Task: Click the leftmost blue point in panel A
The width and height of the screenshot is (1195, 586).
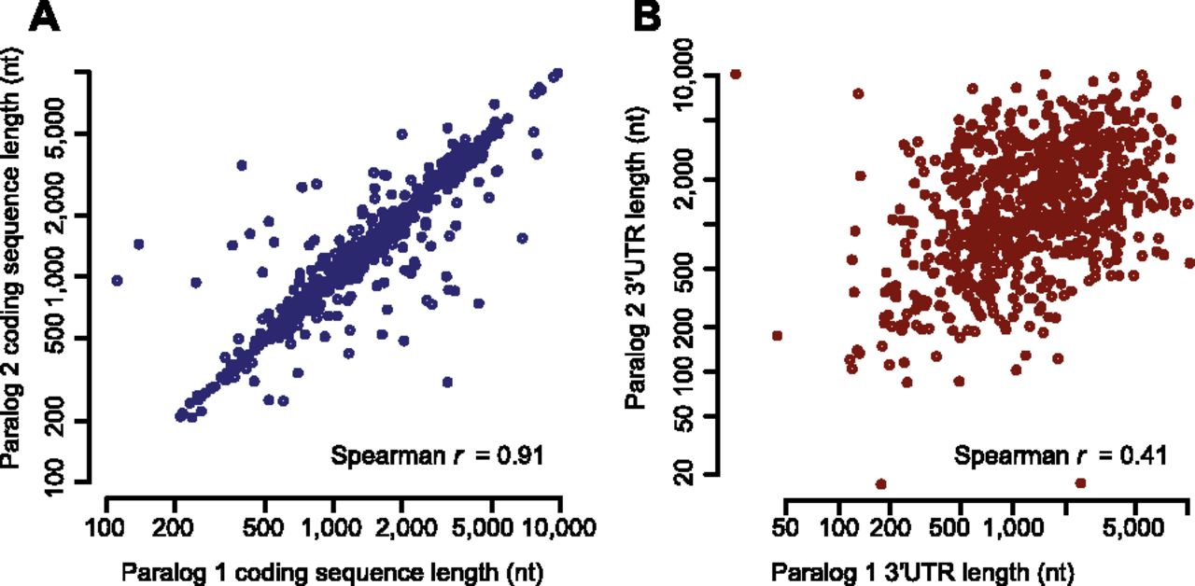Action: (x=117, y=280)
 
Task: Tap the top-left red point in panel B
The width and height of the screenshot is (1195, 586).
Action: (x=736, y=74)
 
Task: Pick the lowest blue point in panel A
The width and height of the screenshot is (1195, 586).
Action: (x=447, y=382)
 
